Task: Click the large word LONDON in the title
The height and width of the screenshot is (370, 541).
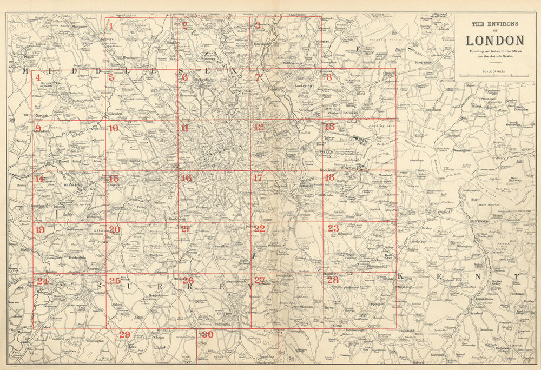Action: tap(494, 41)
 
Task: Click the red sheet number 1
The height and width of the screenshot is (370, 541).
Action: tap(111, 26)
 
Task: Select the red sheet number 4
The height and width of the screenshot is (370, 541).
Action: tap(38, 77)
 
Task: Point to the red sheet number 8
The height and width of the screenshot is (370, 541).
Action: tap(328, 77)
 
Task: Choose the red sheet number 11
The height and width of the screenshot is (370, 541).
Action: tap(185, 128)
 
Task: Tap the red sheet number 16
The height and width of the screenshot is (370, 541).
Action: tap(186, 178)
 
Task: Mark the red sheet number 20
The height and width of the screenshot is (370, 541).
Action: tap(114, 229)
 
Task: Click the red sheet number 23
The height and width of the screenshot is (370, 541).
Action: tap(333, 229)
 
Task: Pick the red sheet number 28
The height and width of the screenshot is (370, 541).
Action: tap(333, 280)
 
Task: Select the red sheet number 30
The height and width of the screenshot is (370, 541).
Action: tap(207, 334)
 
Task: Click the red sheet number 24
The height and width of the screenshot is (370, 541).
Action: tap(43, 281)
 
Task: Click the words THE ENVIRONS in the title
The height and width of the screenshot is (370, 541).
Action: tap(494, 24)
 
